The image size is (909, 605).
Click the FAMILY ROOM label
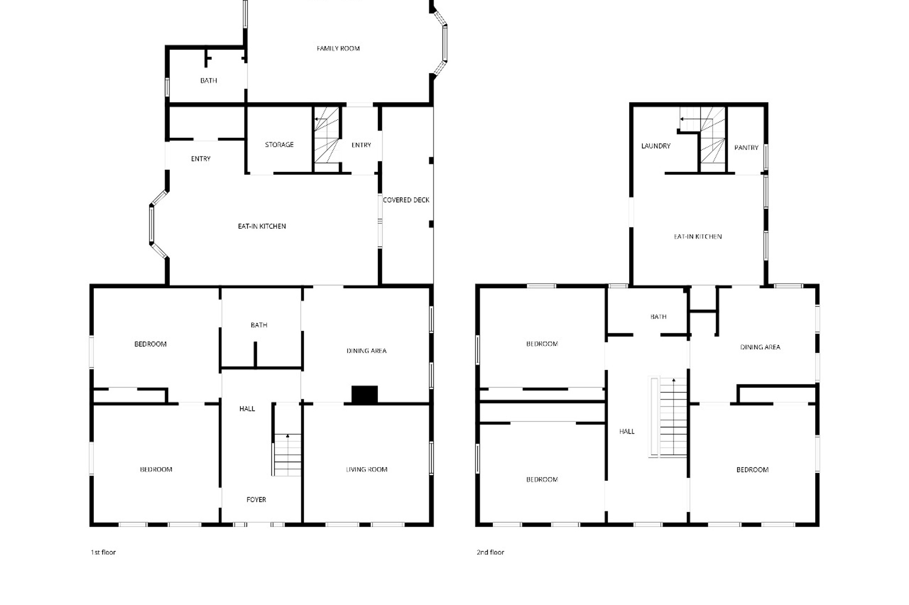pos(338,48)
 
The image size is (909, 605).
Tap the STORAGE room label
pos(279,145)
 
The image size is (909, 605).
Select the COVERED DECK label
pos(406,200)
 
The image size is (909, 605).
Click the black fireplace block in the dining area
pos(364,395)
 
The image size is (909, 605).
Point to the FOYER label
pos(256,500)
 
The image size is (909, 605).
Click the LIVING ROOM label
pos(366,470)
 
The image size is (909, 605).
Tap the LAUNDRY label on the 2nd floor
pos(655,146)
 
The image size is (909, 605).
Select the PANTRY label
pos(746,147)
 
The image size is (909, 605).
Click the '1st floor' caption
pos(103,552)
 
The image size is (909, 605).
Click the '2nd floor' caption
pos(490,552)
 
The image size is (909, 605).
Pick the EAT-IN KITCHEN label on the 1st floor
pos(262,226)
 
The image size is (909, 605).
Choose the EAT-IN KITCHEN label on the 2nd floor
pos(697,236)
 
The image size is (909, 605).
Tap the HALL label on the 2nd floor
pos(626,431)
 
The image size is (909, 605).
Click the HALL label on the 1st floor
pos(247,408)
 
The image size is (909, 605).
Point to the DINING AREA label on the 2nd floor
pos(760,347)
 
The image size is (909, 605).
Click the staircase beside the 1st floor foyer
pos(287,455)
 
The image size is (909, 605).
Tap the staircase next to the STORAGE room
pos(327,135)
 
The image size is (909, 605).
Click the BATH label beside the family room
pos(208,81)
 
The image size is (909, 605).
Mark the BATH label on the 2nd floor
pos(658,317)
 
